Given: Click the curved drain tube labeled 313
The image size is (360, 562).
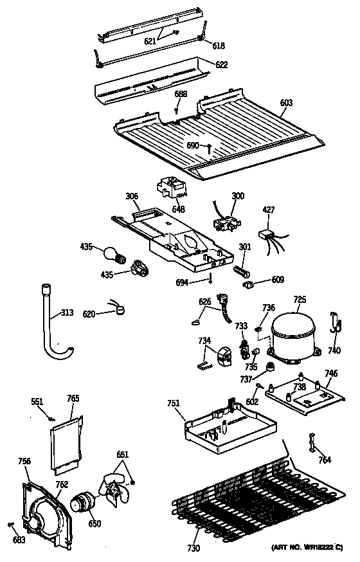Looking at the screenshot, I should coord(51,322).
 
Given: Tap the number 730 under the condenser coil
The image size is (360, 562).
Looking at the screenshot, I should coord(194,548).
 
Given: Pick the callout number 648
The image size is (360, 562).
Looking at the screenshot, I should coord(177,209).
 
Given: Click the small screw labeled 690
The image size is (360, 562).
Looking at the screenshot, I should coord(210,147).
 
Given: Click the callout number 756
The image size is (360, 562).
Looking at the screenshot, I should coord(24,460).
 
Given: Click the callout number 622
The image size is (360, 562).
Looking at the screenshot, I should coord(221,65).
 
